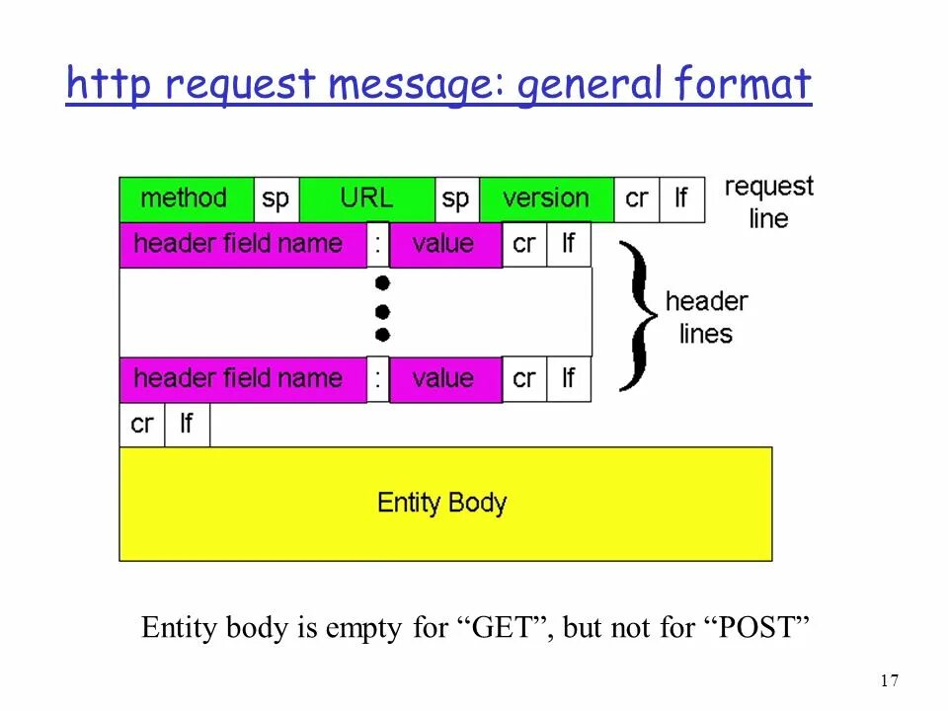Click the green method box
(186, 198)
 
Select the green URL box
(366, 198)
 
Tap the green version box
(546, 198)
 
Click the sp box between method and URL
(276, 198)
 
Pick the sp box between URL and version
(455, 198)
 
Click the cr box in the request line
(637, 198)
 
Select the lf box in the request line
(681, 198)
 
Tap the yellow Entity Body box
(444, 504)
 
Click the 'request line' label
(768, 202)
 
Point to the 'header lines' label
(706, 317)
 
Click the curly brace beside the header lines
(638, 314)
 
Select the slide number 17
(888, 680)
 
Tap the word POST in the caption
(754, 629)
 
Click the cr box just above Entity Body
(142, 425)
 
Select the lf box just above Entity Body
(187, 425)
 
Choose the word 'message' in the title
(416, 86)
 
